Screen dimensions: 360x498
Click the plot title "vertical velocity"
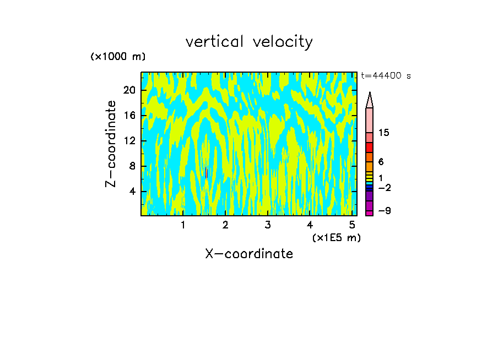pyautogui.click(x=249, y=42)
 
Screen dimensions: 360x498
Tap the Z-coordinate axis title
pyautogui.click(x=111, y=144)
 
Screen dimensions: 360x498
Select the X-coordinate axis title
pyautogui.click(x=249, y=254)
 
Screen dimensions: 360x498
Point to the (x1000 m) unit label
pyautogui.click(x=118, y=57)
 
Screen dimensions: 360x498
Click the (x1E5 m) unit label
pyautogui.click(x=336, y=237)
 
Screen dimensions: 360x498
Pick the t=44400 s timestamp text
pyautogui.click(x=386, y=76)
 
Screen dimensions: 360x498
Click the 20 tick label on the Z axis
pyautogui.click(x=129, y=90)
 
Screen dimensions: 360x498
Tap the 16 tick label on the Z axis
pyautogui.click(x=129, y=116)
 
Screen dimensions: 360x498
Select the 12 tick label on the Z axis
pyautogui.click(x=129, y=141)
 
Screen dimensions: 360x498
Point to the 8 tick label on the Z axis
pyautogui.click(x=132, y=166)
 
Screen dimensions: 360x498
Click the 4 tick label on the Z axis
pyautogui.click(x=132, y=192)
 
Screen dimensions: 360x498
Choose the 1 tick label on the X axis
pyautogui.click(x=183, y=225)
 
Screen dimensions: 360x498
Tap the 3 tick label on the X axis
pyautogui.click(x=267, y=225)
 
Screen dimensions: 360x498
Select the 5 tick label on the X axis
pyautogui.click(x=351, y=225)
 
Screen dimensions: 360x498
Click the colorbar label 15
pyautogui.click(x=384, y=133)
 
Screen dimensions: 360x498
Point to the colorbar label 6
pyautogui.click(x=381, y=162)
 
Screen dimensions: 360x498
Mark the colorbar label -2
pyautogui.click(x=384, y=188)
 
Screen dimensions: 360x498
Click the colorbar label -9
pyautogui.click(x=384, y=211)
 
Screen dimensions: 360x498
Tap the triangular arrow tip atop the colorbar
pyautogui.click(x=370, y=100)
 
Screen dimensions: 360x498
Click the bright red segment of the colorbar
pyautogui.click(x=370, y=148)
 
